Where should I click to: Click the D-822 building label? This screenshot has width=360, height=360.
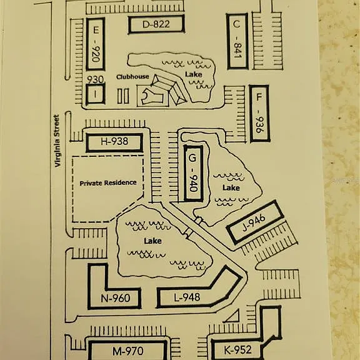(x=156, y=24)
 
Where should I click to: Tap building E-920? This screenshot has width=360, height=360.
(x=96, y=44)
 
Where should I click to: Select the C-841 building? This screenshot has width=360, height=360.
(x=237, y=41)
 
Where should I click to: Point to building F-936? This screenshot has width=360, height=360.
(x=259, y=114)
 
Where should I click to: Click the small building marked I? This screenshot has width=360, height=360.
(x=95, y=94)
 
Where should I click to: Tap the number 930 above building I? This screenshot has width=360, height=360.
(x=95, y=79)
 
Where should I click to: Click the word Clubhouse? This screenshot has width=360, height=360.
(x=132, y=77)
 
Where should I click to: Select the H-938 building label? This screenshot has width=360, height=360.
(x=114, y=141)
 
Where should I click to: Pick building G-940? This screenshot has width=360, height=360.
(x=193, y=173)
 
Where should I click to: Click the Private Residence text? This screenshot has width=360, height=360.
(x=108, y=183)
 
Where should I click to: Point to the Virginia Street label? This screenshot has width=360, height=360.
(x=57, y=141)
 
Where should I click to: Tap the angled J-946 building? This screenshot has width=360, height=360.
(x=255, y=222)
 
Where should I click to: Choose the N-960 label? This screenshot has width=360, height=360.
(x=116, y=298)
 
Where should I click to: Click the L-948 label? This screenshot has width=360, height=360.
(x=187, y=297)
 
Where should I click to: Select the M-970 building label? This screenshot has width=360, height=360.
(x=128, y=351)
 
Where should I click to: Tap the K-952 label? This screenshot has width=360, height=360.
(x=237, y=350)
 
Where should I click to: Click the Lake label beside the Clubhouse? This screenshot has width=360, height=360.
(x=194, y=74)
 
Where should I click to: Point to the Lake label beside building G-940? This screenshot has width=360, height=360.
(x=231, y=187)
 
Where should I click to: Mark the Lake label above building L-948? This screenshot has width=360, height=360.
(x=152, y=241)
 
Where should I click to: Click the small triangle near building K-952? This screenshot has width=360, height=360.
(x=233, y=317)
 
